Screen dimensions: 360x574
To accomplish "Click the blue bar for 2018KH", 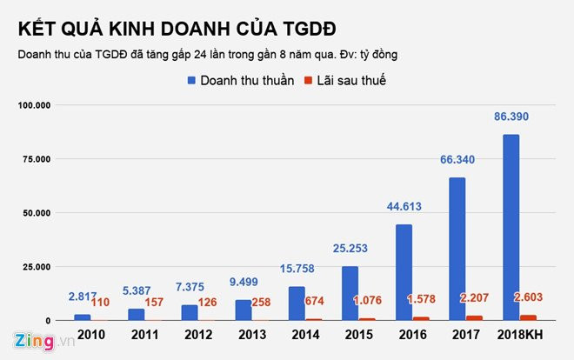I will point(511,227).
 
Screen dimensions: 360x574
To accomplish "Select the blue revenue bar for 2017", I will point(457,249).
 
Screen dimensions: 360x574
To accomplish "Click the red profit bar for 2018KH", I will point(527,317).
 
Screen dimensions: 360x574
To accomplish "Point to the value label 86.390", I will point(511,117).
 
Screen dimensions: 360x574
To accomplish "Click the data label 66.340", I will point(457,160).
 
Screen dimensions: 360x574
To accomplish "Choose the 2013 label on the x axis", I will point(252,335).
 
